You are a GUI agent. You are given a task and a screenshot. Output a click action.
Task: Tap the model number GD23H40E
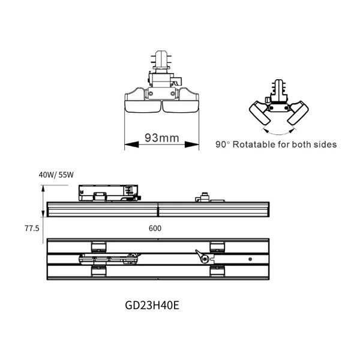tap(152, 304)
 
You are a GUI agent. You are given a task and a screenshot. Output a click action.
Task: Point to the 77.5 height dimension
tap(32, 229)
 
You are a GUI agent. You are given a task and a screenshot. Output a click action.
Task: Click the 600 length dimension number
tap(155, 229)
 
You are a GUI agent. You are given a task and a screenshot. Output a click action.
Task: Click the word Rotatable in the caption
tap(256, 145)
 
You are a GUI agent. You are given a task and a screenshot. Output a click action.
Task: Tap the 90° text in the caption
tap(222, 145)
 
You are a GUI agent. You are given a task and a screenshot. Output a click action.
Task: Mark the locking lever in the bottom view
tap(203, 258)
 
